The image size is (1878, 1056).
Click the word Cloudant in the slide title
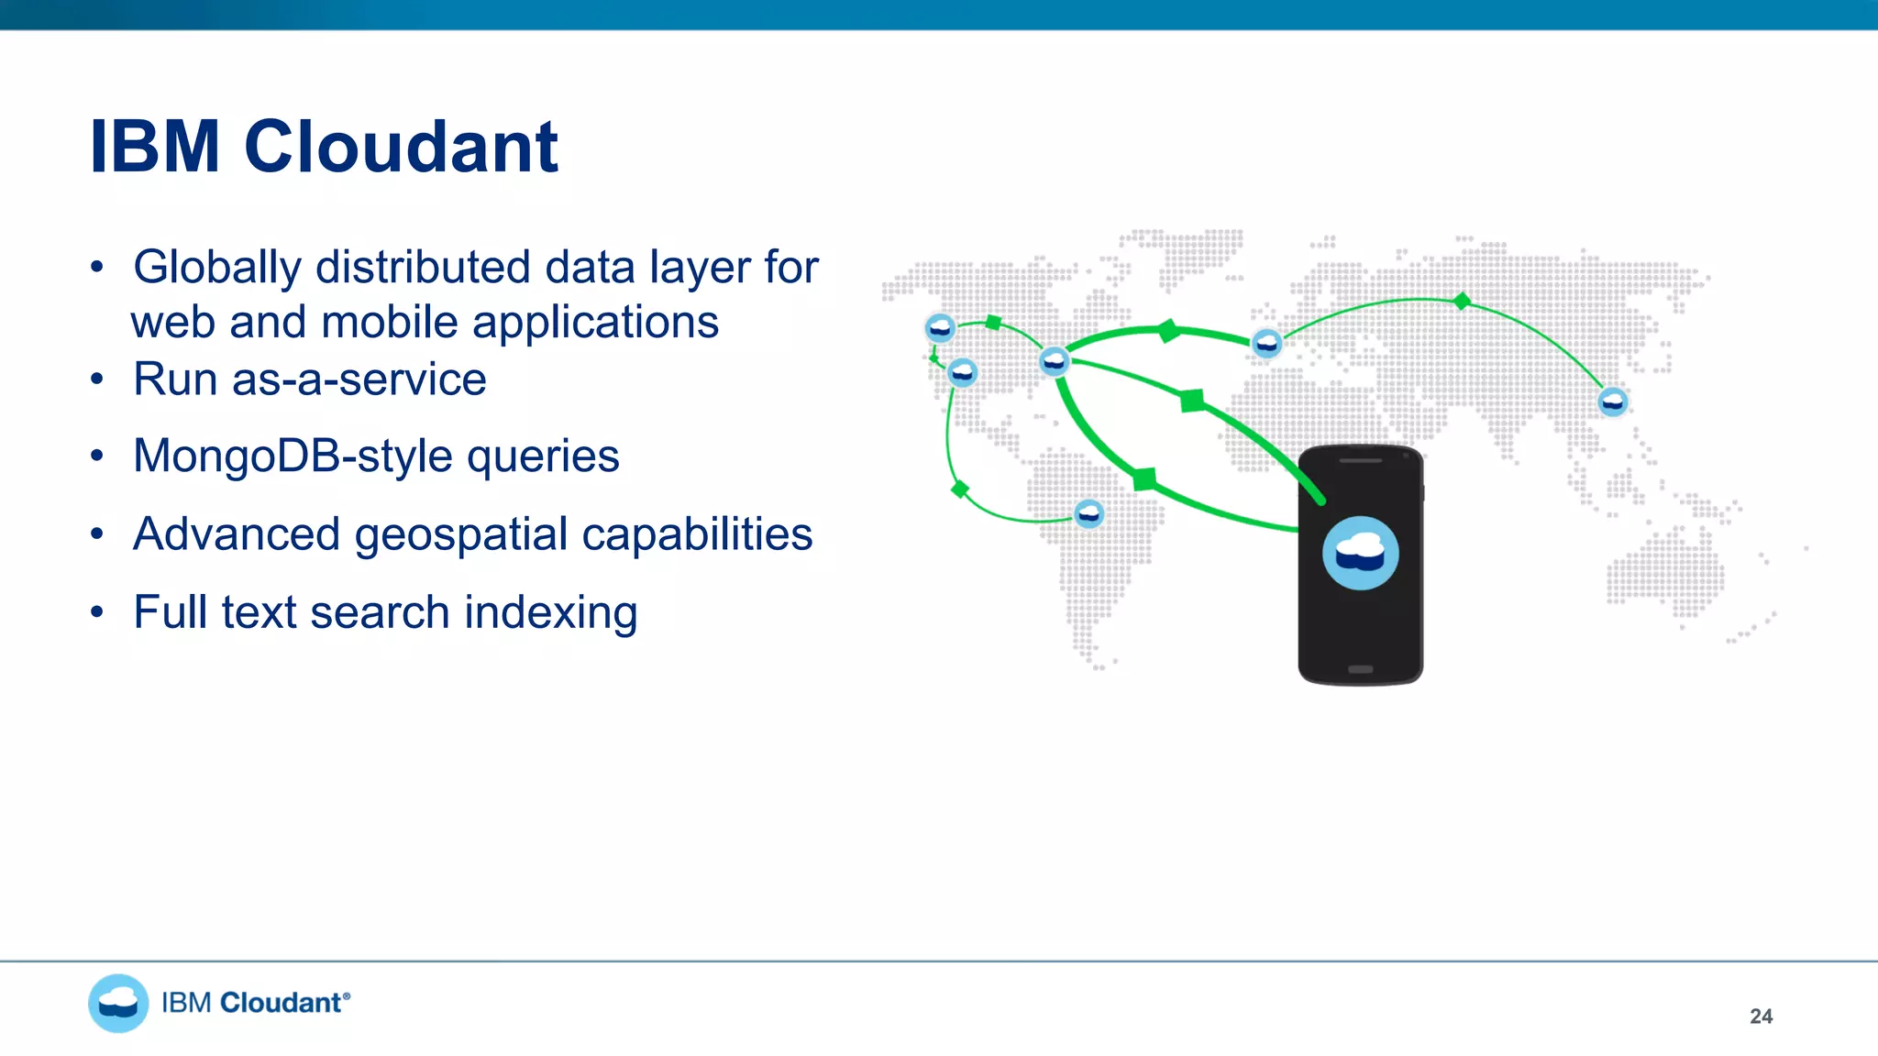[x=401, y=147]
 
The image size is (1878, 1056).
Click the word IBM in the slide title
[x=154, y=147]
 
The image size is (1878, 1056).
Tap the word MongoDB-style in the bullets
[x=293, y=456]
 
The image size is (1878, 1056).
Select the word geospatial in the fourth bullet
[x=460, y=535]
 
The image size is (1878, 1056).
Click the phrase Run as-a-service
[x=309, y=379]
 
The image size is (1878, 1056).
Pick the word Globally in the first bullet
[x=216, y=268]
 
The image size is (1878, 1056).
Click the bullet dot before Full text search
[x=97, y=611]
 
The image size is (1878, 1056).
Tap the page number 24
[x=1761, y=1016]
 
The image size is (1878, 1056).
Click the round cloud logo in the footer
[x=118, y=1003]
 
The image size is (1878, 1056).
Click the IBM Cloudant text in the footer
[x=255, y=1003]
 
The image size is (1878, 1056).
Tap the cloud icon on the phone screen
[x=1360, y=553]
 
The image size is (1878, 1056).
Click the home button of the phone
[x=1360, y=669]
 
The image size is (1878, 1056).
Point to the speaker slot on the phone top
[x=1360, y=460]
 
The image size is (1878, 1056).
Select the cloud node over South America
[x=1088, y=513]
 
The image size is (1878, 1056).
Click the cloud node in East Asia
[x=1612, y=401]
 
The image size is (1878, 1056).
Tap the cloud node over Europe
[x=1266, y=343]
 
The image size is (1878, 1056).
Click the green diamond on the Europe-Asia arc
[x=1462, y=301]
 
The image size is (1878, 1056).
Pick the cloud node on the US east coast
[x=1054, y=361]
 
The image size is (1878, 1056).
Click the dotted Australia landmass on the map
[x=1664, y=573]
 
